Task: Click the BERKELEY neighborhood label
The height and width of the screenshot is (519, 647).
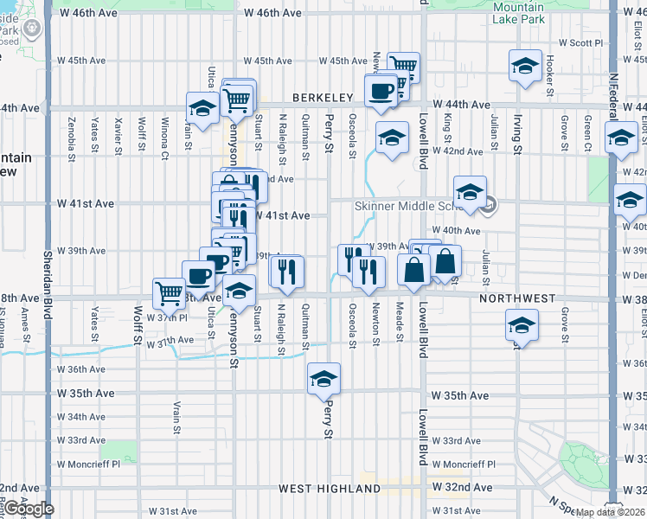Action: coord(323,98)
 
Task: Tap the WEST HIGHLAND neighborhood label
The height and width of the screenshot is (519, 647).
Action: coord(330,489)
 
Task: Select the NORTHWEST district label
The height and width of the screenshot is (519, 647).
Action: coord(517,298)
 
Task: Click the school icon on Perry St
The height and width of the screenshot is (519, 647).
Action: coord(324,378)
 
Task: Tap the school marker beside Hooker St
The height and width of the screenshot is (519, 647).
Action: coord(525,66)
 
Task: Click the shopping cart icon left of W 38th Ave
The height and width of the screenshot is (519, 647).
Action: coord(169,292)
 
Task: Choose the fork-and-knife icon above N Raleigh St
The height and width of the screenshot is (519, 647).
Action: coord(285,271)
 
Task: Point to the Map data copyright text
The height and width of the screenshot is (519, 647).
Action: coord(609,512)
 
